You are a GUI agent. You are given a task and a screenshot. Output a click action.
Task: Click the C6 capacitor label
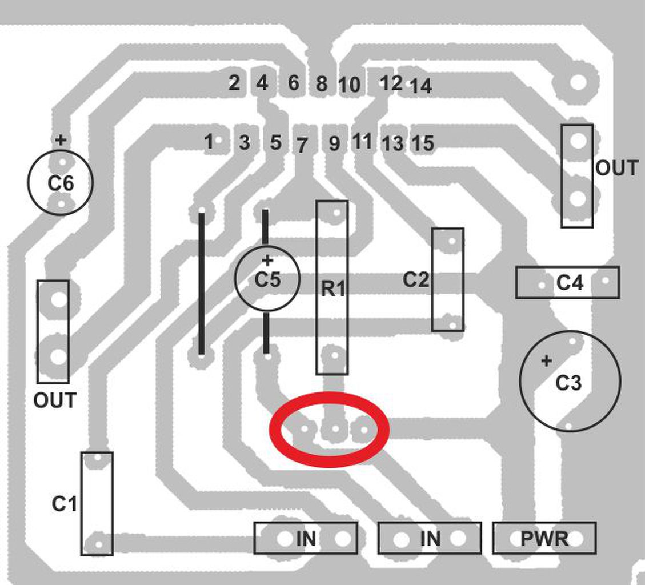(60, 183)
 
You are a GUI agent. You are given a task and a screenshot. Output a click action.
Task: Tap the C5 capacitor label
(267, 280)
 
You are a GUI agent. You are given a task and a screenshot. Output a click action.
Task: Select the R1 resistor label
(333, 289)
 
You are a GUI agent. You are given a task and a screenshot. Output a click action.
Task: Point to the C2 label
(416, 280)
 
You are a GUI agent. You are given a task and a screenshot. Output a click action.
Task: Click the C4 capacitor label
(570, 282)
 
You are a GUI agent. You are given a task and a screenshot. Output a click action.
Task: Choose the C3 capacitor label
(568, 383)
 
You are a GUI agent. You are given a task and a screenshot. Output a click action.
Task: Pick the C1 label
(64, 504)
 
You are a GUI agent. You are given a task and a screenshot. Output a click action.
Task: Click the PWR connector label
(544, 538)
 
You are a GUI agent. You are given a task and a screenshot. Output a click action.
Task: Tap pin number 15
(423, 143)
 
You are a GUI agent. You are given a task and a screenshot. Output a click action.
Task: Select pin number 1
(209, 141)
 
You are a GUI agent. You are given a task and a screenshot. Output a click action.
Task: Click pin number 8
(322, 84)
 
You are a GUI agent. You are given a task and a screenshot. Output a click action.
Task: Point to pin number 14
(421, 86)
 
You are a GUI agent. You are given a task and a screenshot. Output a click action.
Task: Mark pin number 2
(234, 83)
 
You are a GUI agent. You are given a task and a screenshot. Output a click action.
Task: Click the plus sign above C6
(61, 139)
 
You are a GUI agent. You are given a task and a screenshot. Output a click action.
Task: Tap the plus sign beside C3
(547, 361)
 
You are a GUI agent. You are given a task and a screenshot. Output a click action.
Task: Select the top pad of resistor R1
(337, 214)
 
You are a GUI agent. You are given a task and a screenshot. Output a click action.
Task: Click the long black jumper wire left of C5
(201, 283)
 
